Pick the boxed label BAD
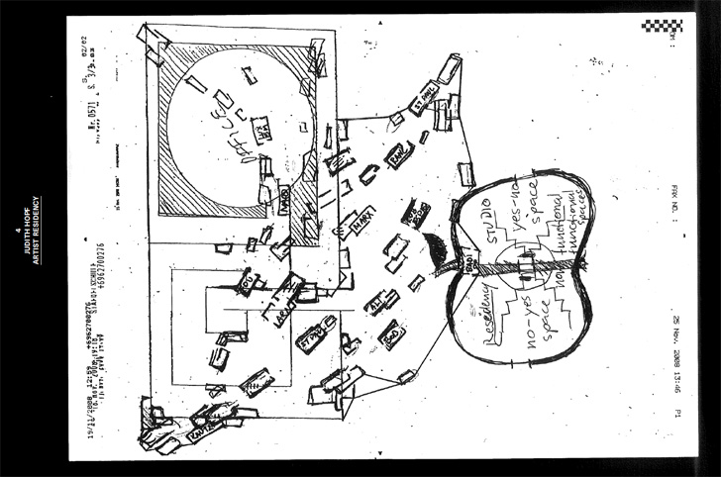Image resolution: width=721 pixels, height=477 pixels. tap(391, 334)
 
